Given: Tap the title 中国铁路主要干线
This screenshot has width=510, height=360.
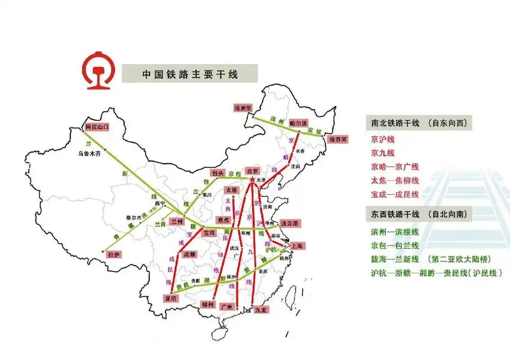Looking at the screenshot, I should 190,74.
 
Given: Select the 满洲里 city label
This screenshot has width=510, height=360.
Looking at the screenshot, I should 243,108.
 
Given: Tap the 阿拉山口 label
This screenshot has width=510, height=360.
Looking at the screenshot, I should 98,127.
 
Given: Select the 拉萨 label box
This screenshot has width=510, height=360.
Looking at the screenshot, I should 114,255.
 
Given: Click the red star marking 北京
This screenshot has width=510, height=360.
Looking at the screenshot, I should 252,180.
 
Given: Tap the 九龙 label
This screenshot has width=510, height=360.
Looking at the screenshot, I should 260,310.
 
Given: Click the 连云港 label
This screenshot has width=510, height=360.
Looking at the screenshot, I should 290,224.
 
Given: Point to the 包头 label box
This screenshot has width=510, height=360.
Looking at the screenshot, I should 218,173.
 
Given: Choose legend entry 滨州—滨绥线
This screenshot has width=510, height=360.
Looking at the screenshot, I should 395,232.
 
